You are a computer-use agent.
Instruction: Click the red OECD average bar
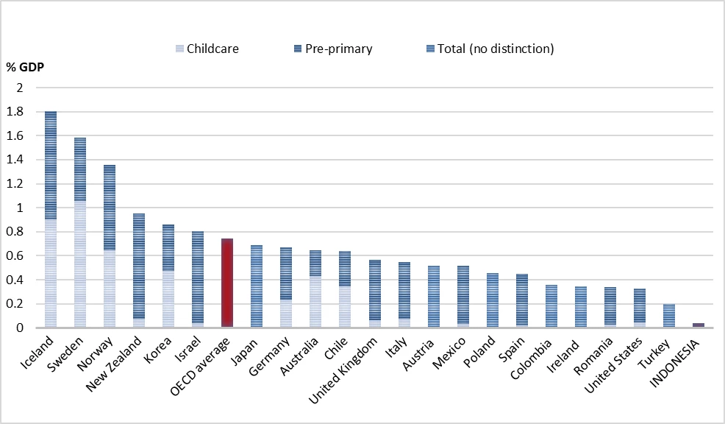pos(227,283)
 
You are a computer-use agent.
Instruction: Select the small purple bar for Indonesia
pos(699,325)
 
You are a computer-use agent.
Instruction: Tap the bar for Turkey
pos(668,316)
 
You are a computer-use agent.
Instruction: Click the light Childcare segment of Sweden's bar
pos(80,264)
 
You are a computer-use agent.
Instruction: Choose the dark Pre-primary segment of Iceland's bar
pos(51,165)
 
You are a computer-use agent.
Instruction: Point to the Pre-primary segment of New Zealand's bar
pos(139,266)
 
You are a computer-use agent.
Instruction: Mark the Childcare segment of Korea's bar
pos(168,299)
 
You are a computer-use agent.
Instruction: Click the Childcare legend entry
pos(207,49)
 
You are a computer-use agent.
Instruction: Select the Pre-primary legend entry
pos(333,49)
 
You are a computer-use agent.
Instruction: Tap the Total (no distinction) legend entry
pos(490,49)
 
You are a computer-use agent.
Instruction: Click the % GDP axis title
pos(26,67)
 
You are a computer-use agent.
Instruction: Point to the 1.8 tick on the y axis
pos(15,112)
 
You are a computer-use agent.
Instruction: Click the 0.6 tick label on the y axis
pos(15,255)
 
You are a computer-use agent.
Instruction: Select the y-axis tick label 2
pos(19,88)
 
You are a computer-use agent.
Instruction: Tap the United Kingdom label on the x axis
pos(342,370)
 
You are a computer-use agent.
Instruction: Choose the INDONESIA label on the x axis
pos(675,362)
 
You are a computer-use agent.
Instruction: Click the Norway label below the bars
pos(95,353)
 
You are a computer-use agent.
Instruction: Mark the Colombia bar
pos(551,306)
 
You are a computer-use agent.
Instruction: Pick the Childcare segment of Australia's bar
pos(315,302)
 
